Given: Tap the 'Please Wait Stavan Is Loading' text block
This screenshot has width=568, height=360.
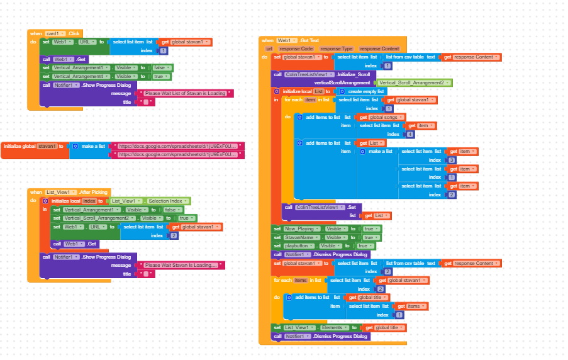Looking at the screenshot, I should (182, 266).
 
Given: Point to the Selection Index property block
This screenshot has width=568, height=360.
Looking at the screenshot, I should (166, 201).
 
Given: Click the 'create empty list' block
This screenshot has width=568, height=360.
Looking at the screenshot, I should (362, 91).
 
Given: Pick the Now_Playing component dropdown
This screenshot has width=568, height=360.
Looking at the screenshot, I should (301, 229).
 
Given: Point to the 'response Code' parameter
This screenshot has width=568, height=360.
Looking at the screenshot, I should (296, 48).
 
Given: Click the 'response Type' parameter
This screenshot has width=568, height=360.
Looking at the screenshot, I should (337, 48).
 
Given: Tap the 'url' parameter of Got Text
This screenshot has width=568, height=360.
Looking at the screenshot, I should (269, 48).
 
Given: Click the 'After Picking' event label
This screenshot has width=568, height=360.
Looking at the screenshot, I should (94, 192).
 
